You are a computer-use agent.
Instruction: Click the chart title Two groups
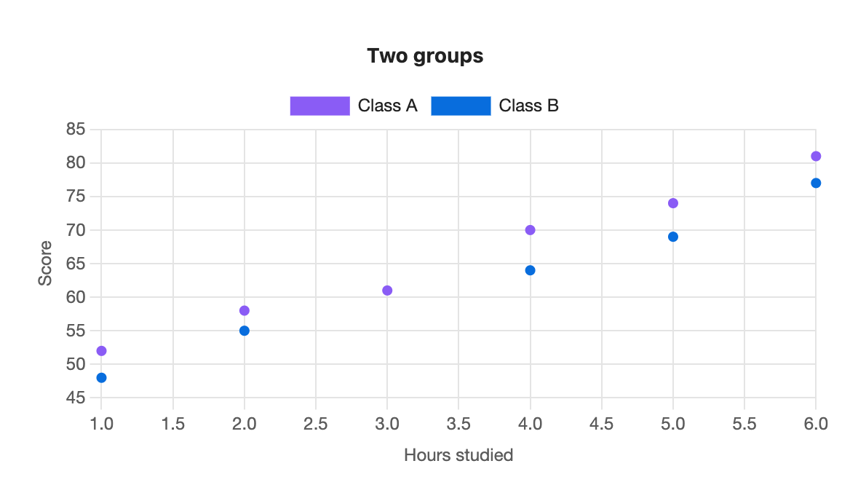(425, 56)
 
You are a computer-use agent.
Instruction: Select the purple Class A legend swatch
(319, 106)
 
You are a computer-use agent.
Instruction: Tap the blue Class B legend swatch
(461, 106)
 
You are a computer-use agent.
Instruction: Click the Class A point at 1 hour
(101, 351)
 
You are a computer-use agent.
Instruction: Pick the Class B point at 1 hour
(101, 378)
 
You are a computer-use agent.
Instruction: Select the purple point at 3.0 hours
(387, 291)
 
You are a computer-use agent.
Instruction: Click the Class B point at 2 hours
(245, 331)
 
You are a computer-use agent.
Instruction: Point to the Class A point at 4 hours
(531, 230)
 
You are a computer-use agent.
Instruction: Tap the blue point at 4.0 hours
(531, 271)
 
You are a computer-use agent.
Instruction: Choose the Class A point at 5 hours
(672, 203)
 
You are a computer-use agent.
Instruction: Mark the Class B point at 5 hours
(672, 237)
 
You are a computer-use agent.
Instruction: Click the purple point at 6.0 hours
(816, 156)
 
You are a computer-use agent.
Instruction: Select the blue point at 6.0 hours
(816, 184)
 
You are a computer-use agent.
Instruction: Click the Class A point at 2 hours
(245, 311)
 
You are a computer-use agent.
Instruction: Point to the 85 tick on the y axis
(76, 129)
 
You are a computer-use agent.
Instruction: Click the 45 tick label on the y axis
(76, 398)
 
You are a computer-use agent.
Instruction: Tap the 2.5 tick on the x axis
(316, 424)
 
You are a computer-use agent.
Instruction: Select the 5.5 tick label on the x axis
(744, 424)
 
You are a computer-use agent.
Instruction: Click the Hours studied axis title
(458, 455)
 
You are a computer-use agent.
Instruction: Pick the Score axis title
(45, 264)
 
